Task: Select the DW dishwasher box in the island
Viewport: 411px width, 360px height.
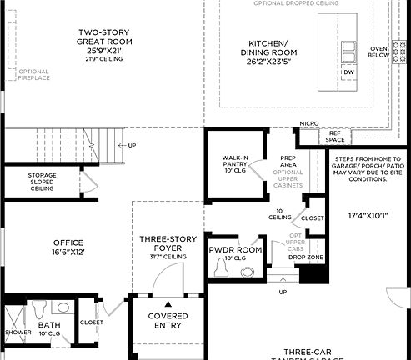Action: [x=348, y=72]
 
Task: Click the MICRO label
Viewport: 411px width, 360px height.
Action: [x=309, y=125]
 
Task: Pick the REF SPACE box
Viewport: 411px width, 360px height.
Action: [x=334, y=136]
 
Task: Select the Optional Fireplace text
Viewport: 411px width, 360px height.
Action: [x=33, y=74]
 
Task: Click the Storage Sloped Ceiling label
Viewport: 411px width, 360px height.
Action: [x=42, y=182]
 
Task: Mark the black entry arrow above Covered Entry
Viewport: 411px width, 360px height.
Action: [x=168, y=304]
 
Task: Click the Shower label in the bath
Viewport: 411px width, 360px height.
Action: [x=18, y=332]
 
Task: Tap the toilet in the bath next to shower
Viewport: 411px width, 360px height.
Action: [x=42, y=309]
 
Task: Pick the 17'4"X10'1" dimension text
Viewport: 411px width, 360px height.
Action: [x=368, y=215]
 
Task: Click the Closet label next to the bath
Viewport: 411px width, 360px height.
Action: [x=91, y=322]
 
